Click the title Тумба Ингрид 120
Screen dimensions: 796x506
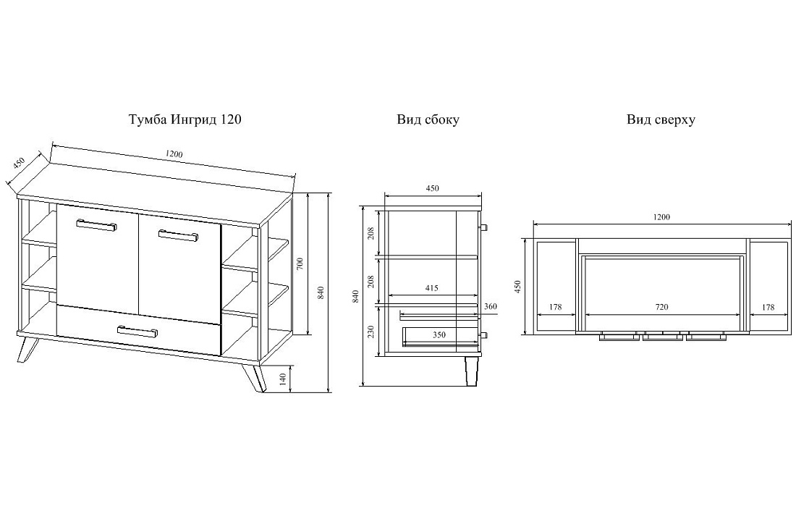tap(185, 120)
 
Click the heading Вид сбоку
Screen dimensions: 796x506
tap(428, 120)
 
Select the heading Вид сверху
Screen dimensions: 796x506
tap(661, 120)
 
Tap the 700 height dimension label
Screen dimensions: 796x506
tap(300, 263)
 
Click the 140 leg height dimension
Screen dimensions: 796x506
tap(283, 379)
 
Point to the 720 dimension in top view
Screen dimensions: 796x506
tap(661, 307)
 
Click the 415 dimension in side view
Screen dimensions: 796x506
tap(431, 288)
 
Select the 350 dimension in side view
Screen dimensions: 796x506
tap(439, 334)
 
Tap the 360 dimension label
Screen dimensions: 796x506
tap(491, 306)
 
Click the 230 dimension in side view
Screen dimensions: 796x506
tap(371, 332)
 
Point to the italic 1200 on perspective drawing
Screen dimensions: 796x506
tap(174, 153)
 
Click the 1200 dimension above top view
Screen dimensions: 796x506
tap(661, 217)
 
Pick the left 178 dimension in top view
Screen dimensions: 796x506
tap(555, 307)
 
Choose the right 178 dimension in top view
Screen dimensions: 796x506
tap(768, 307)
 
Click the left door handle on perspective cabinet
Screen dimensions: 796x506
tap(96, 224)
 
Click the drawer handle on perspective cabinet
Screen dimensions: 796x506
tap(137, 331)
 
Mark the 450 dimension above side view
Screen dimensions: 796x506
tap(432, 188)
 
